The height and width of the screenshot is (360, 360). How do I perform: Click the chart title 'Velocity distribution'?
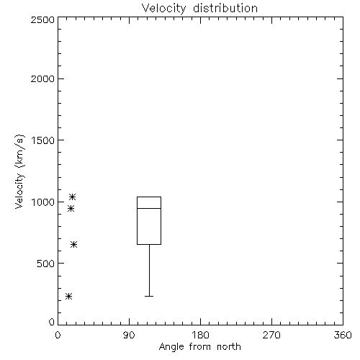click(199, 9)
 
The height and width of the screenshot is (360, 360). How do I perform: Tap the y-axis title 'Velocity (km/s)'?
click(19, 171)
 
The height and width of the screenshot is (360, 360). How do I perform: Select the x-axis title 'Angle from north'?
click(199, 347)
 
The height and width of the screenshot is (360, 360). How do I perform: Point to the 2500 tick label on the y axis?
click(42, 19)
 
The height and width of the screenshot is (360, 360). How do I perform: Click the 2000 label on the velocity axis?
click(42, 78)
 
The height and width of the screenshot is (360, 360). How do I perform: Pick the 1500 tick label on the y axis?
click(43, 140)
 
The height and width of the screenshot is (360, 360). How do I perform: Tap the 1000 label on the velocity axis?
click(43, 202)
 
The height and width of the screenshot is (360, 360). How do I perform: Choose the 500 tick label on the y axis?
click(46, 264)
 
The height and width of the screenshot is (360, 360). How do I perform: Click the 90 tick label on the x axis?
click(129, 335)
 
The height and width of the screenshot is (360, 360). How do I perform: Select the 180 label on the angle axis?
click(200, 335)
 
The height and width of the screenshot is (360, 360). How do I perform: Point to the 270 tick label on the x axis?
click(271, 335)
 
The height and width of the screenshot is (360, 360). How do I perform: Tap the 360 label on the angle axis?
click(343, 335)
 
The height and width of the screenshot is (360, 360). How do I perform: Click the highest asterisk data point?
click(73, 197)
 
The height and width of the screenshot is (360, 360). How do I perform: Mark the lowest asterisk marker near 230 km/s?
click(69, 297)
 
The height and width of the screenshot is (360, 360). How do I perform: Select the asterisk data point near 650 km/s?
click(73, 245)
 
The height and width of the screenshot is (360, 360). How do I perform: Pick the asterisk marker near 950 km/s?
click(71, 209)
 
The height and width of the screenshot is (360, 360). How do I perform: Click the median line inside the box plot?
click(149, 208)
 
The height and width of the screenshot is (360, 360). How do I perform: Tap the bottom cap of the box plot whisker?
click(149, 296)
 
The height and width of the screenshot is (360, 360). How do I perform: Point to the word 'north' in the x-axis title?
click(229, 347)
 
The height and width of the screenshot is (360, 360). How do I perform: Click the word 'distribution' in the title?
click(225, 9)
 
